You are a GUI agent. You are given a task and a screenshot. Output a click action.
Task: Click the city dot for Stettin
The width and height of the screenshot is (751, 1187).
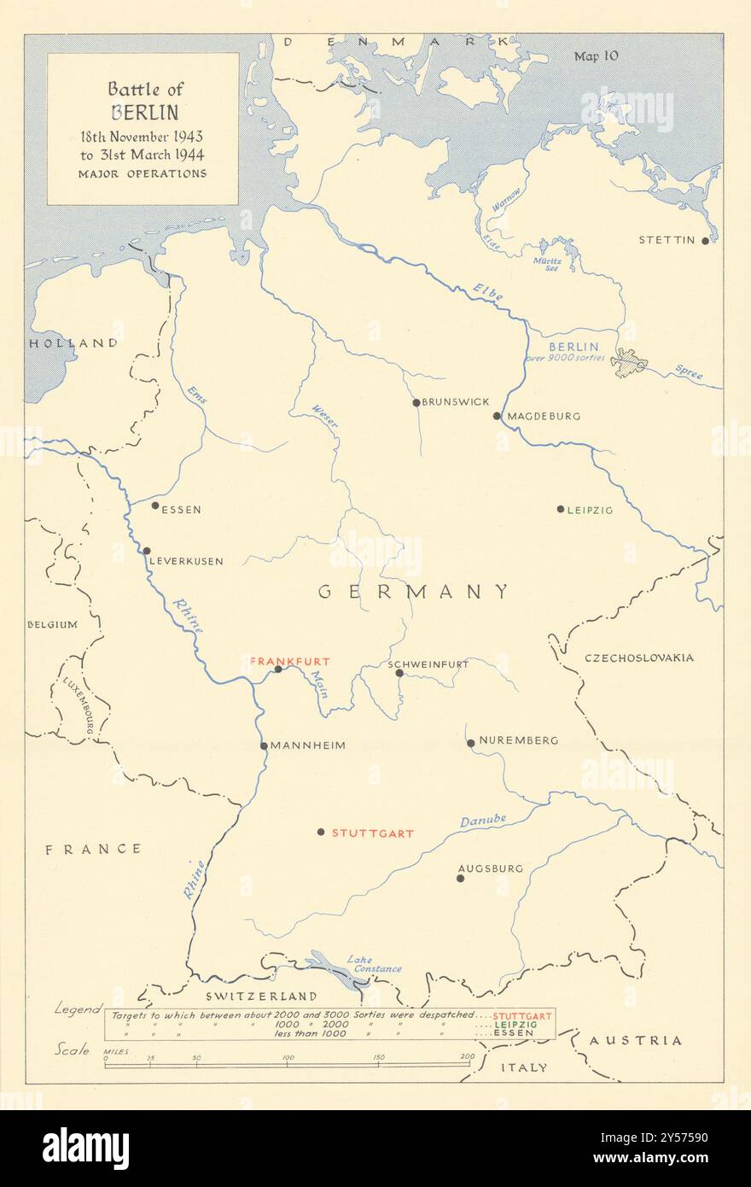[x=705, y=241]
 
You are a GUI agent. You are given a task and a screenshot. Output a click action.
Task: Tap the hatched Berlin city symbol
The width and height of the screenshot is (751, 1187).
[x=629, y=363]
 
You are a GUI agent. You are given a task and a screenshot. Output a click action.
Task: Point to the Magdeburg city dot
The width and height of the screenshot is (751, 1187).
[x=497, y=417]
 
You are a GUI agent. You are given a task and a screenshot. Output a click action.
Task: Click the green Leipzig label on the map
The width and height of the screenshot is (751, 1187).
[x=591, y=510]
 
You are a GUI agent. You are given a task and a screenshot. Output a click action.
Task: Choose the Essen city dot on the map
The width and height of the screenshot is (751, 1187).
[x=155, y=506]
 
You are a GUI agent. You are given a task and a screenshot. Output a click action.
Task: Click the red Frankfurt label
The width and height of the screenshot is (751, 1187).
[x=289, y=661]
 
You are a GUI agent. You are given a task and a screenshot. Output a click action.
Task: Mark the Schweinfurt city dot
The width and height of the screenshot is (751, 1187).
[x=399, y=673]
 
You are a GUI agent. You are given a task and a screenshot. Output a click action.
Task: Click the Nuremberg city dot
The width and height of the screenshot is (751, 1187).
[x=470, y=743]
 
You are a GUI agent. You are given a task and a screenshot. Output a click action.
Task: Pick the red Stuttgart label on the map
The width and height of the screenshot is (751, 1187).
[x=373, y=833]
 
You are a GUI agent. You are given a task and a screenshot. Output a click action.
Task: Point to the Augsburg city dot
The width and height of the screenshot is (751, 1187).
[x=460, y=878]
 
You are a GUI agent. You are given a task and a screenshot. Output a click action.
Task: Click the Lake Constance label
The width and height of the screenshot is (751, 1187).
[x=374, y=964]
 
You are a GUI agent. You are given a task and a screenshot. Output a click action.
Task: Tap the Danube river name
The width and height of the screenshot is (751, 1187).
[x=483, y=821]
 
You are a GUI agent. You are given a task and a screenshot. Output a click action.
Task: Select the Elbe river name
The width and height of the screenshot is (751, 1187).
[x=488, y=293]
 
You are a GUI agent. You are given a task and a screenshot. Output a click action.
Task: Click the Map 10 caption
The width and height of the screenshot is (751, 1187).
[x=596, y=56]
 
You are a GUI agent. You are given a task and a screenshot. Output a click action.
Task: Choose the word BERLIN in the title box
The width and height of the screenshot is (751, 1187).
[x=143, y=112]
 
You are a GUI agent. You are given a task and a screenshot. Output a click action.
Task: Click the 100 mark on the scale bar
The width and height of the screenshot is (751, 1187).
[x=288, y=1058]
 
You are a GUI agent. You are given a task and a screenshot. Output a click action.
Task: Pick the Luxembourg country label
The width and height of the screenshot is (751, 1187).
[x=79, y=706]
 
